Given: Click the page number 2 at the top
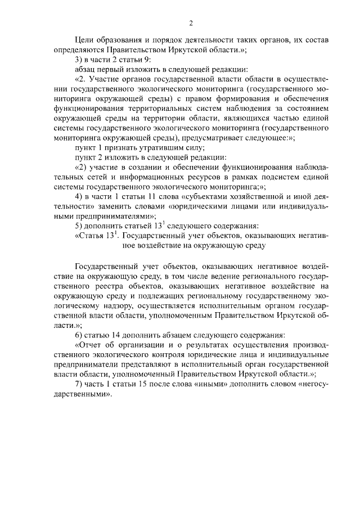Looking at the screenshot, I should (191, 23).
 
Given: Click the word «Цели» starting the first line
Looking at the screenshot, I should (85, 40).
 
